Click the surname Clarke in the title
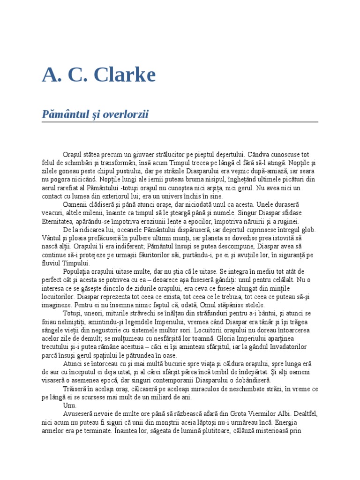point(122,75)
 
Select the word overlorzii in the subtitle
point(122,115)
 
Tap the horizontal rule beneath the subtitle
point(180,122)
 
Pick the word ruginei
point(288,221)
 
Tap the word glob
point(308,230)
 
